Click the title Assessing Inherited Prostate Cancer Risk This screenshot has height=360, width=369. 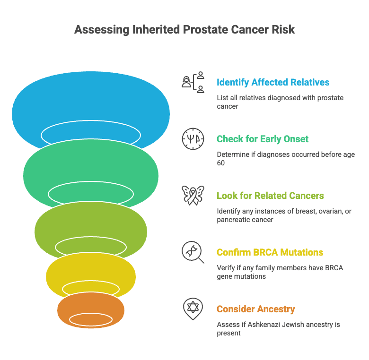(184, 30)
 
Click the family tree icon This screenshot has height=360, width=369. (193, 82)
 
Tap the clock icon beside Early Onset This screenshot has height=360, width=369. (193, 139)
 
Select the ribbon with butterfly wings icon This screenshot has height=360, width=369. (193, 196)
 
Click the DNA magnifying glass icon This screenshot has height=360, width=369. (193, 252)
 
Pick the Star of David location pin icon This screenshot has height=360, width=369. (193, 309)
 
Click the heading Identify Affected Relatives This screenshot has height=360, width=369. (273, 83)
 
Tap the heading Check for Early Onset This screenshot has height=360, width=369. (263, 139)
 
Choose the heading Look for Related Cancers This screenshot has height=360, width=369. (270, 196)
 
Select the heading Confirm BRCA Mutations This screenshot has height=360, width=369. (270, 252)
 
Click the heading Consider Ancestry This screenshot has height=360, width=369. (256, 309)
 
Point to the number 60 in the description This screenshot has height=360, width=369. (221, 163)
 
